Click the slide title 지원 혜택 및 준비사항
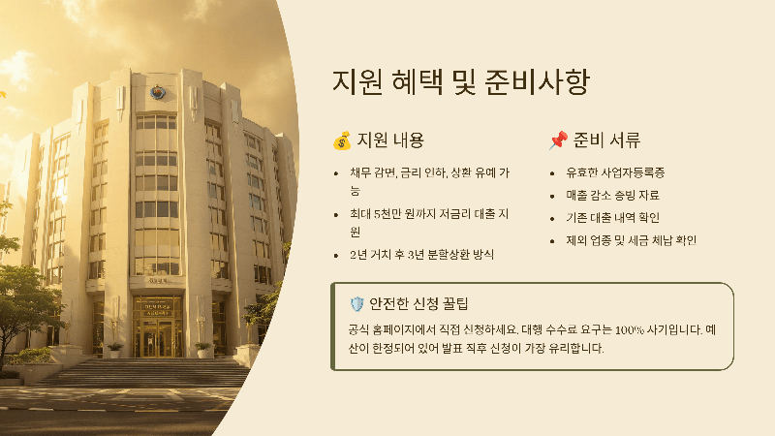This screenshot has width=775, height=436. tap(459, 81)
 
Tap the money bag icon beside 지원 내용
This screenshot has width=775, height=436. tap(341, 141)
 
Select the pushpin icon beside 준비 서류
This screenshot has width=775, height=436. tap(557, 141)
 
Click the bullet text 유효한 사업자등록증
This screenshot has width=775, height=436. tap(614, 172)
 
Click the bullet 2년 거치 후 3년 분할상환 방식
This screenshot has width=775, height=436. tap(422, 255)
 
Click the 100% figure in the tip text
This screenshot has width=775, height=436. tap(612, 328)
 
